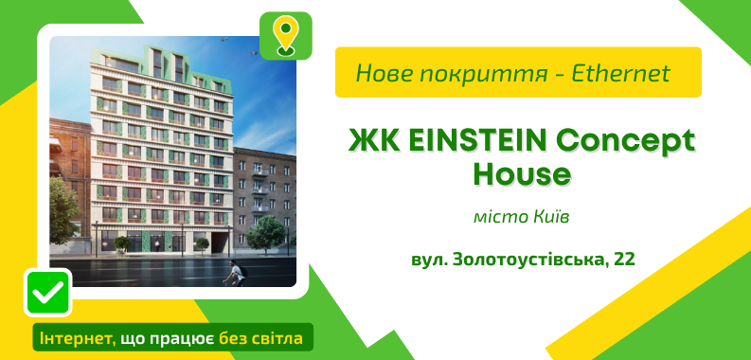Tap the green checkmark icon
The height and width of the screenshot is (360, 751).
point(47,293)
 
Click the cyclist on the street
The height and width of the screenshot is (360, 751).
point(232,272)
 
